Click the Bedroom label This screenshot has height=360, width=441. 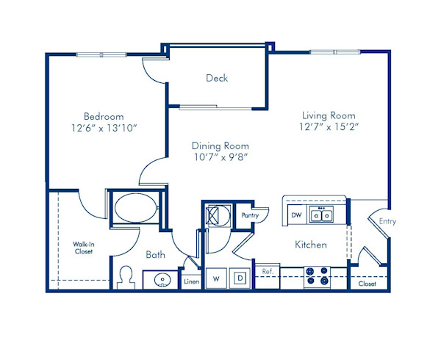(x=103, y=116)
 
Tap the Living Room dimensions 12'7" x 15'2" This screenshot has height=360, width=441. (x=329, y=127)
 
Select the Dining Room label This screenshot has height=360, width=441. (x=220, y=145)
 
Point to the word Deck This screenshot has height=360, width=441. (x=217, y=78)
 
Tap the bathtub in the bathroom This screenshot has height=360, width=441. (x=134, y=207)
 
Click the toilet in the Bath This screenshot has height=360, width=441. (x=126, y=277)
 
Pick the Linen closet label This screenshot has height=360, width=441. (x=191, y=281)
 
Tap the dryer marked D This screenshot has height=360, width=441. (x=240, y=278)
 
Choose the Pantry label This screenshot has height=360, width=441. (x=250, y=215)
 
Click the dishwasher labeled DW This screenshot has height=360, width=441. (x=296, y=215)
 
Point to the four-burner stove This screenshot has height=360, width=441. (x=317, y=276)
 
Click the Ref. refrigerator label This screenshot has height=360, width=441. (x=268, y=272)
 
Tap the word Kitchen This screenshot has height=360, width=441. (x=311, y=245)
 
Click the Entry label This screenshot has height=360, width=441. (x=387, y=220)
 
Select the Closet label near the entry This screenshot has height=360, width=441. (x=367, y=283)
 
